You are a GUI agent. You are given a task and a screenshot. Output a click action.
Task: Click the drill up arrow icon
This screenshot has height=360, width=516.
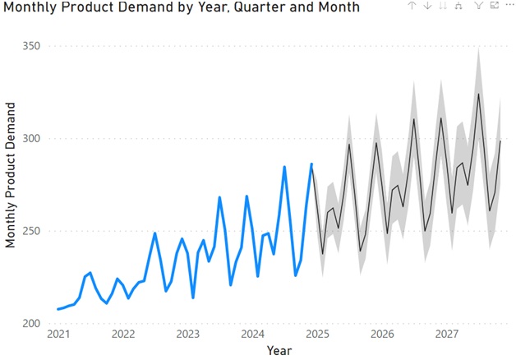pyautogui.click(x=412, y=6)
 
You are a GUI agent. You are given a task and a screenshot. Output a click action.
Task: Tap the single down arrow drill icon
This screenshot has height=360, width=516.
pyautogui.click(x=427, y=6)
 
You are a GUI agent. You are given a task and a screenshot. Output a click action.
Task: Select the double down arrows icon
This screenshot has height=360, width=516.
pyautogui.click(x=443, y=6)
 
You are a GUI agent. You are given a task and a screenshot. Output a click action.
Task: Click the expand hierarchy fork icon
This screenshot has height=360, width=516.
pyautogui.click(x=458, y=6)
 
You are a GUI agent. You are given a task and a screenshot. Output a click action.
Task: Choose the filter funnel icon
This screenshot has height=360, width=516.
pyautogui.click(x=480, y=6)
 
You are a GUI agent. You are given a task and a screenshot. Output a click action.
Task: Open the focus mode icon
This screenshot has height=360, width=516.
pyautogui.click(x=494, y=6)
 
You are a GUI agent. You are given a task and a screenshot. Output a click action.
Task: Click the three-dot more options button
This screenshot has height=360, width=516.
pyautogui.click(x=508, y=6)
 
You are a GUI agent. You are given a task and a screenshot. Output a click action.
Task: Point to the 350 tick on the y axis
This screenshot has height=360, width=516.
pyautogui.click(x=31, y=46)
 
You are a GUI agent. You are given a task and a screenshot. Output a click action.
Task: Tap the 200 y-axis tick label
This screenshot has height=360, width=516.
pyautogui.click(x=31, y=324)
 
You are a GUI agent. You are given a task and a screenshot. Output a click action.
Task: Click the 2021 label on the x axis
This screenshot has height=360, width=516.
pyautogui.click(x=58, y=335)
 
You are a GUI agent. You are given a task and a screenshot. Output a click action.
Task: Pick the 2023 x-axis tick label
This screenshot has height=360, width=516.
pyautogui.click(x=188, y=335)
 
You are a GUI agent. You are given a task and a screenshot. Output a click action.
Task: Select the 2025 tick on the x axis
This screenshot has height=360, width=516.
pyautogui.click(x=317, y=335)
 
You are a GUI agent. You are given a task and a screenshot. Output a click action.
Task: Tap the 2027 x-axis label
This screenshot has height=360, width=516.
pyautogui.click(x=446, y=335)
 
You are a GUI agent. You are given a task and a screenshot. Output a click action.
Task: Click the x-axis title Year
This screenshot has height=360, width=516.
pyautogui.click(x=279, y=350)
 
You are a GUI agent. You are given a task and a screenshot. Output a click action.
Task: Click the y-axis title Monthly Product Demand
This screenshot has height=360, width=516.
pyautogui.click(x=11, y=174)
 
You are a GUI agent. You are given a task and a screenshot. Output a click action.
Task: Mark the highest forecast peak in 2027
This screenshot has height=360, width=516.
pyautogui.click(x=478, y=94)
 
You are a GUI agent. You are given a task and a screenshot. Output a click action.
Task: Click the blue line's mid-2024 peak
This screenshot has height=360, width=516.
pyautogui.click(x=284, y=167)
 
